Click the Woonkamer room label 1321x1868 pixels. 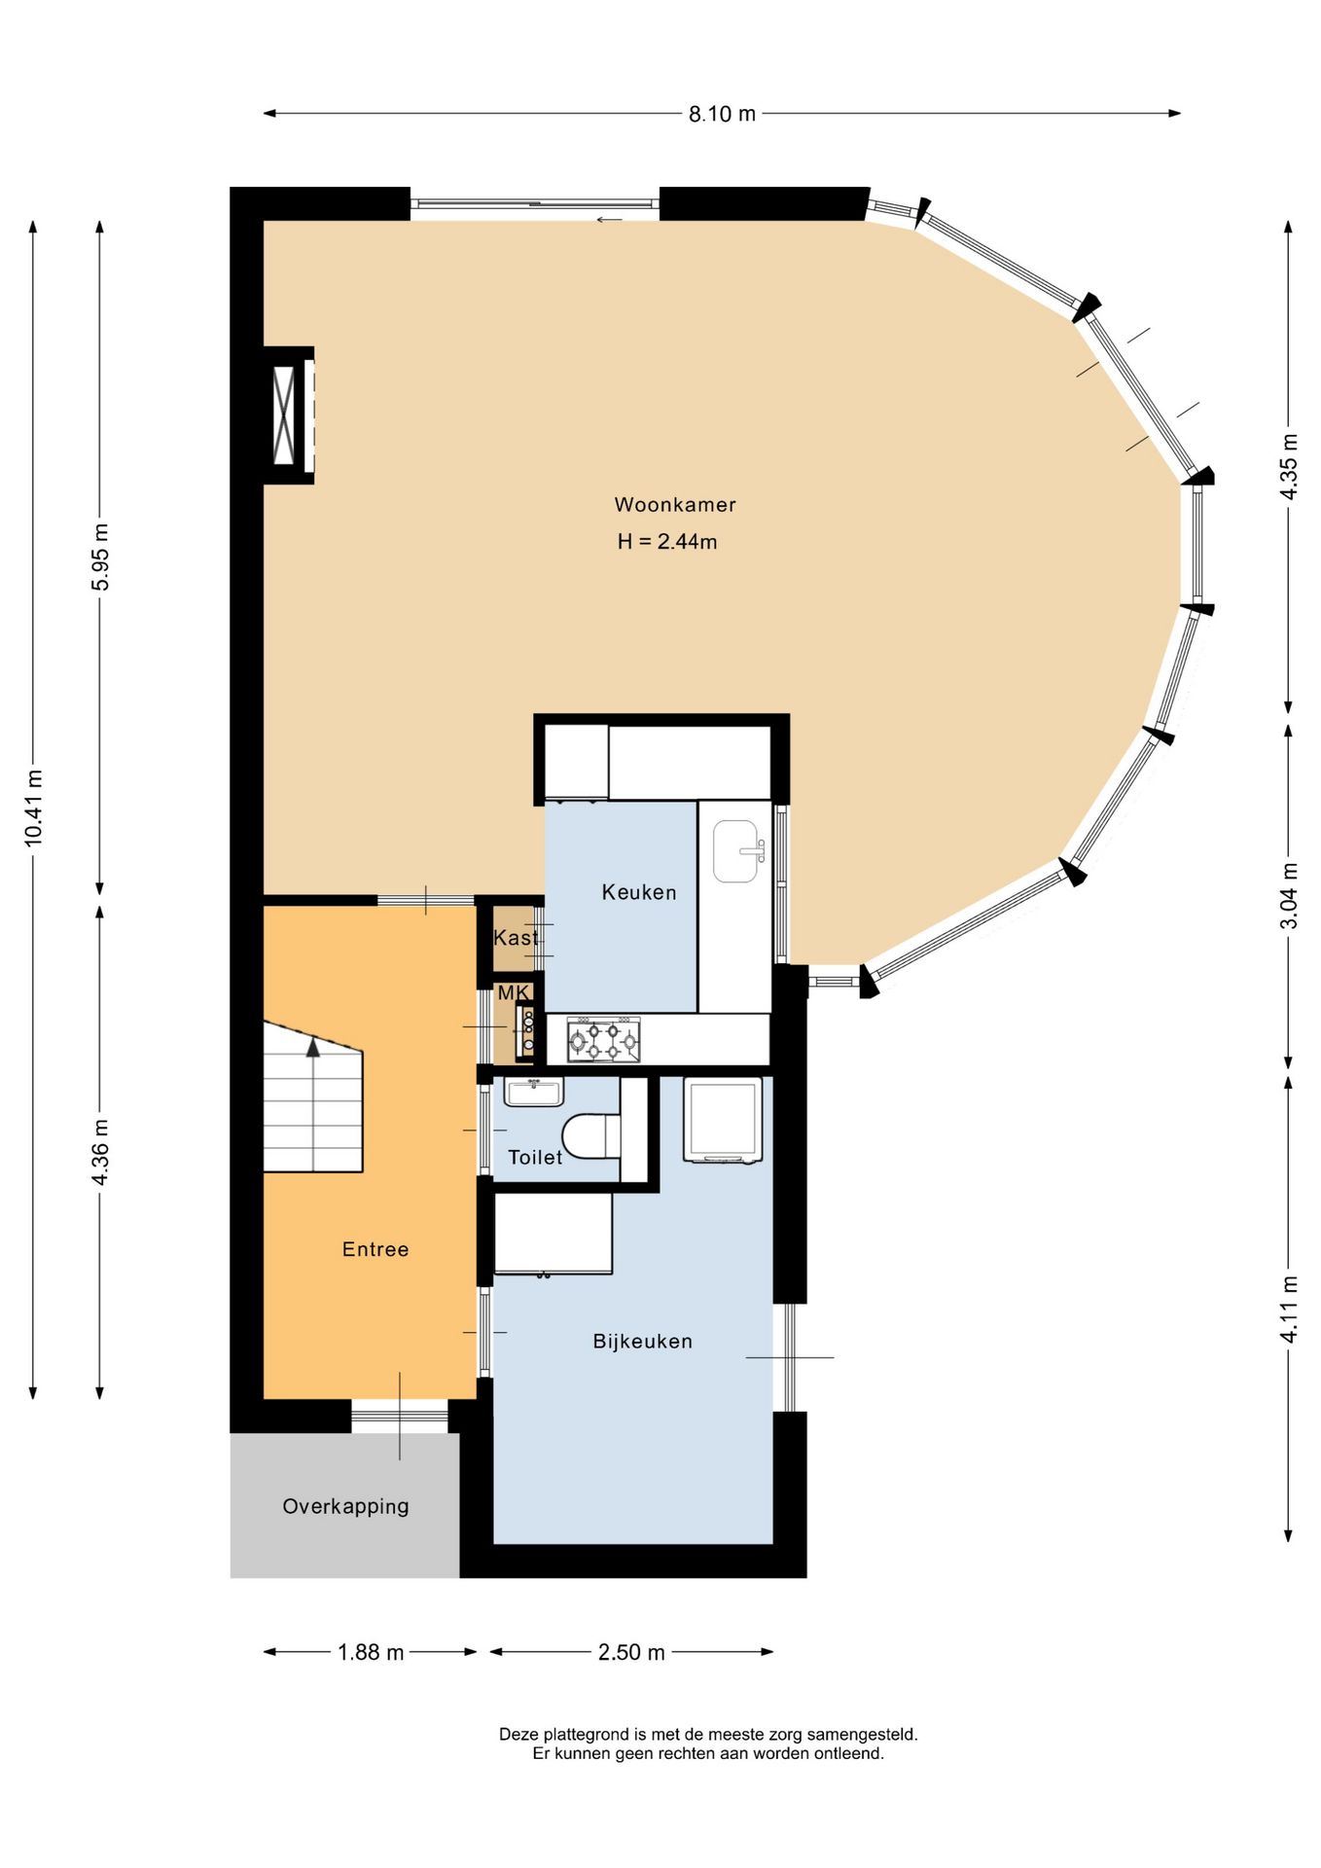point(675,504)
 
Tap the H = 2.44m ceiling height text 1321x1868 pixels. point(667,541)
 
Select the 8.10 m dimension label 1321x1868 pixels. point(722,114)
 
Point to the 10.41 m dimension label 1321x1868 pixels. point(33,807)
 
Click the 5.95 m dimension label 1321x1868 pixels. point(100,557)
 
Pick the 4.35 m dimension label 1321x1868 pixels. point(1288,466)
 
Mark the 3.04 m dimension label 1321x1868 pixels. point(1288,895)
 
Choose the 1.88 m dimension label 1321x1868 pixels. point(371,1652)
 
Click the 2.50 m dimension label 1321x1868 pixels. point(631,1652)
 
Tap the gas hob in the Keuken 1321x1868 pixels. point(603,1040)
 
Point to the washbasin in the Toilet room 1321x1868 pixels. point(533,1092)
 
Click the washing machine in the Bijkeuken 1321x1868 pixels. point(723,1120)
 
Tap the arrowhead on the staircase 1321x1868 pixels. point(313,1048)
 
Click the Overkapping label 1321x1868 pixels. point(345,1506)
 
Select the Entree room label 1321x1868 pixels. point(375,1249)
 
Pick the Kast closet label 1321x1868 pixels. point(516,938)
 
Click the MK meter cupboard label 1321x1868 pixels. point(514,992)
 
